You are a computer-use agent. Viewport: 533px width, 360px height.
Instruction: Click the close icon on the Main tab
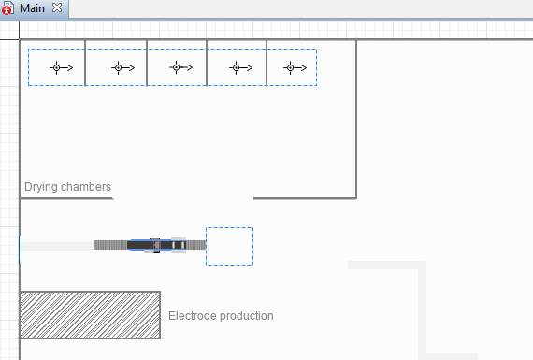(57, 7)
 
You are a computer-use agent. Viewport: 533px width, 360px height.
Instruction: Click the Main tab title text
(32, 7)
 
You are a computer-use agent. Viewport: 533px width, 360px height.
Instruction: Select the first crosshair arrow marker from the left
(61, 68)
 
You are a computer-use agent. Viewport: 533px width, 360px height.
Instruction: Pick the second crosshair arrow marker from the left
(122, 68)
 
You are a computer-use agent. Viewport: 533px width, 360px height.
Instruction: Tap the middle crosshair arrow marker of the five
(180, 67)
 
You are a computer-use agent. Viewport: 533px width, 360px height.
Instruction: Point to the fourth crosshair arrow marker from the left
(240, 68)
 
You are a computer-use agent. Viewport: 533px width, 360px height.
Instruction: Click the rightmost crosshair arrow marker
(295, 68)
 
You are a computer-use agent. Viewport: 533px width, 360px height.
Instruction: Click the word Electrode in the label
(193, 315)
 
